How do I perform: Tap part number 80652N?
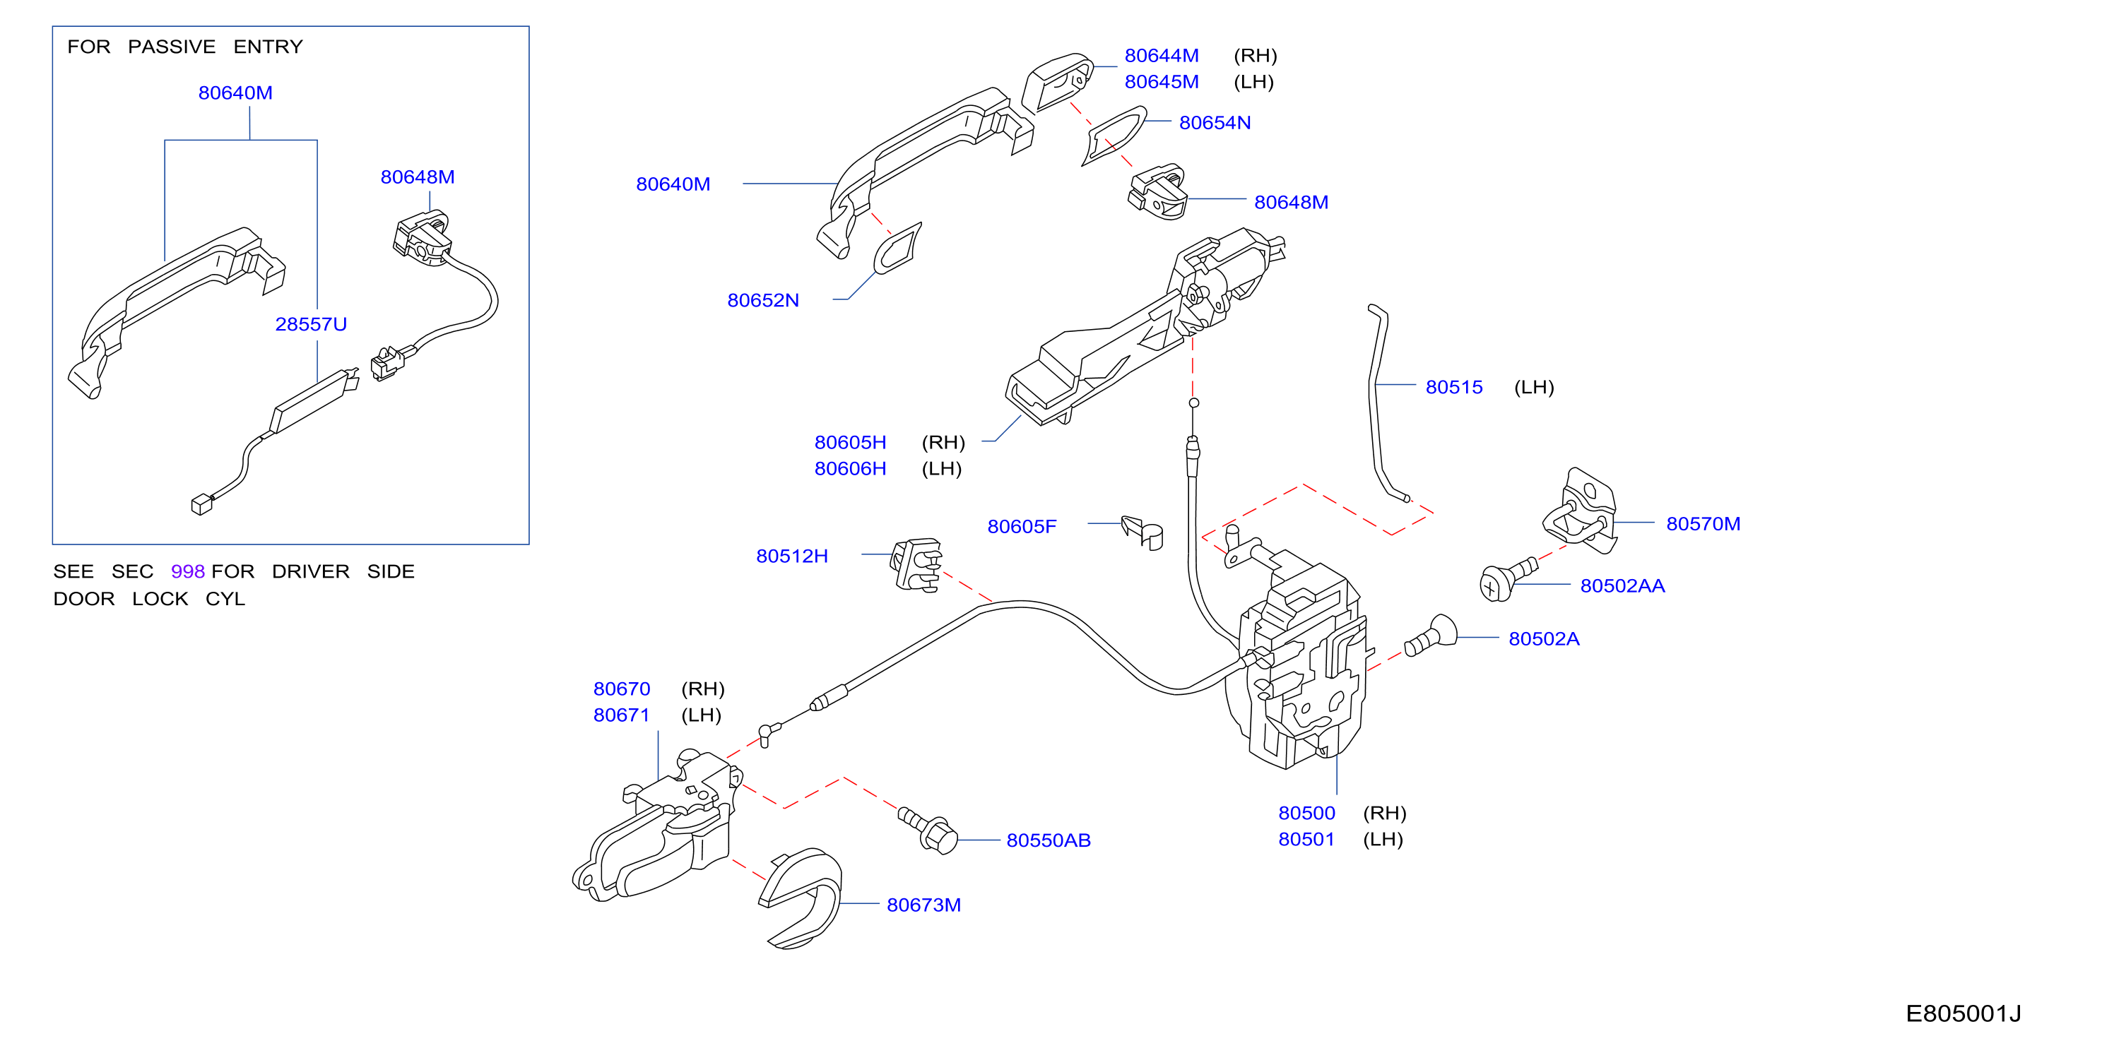pyautogui.click(x=763, y=300)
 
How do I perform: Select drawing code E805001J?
pyautogui.click(x=1964, y=1013)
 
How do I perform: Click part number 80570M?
pyautogui.click(x=1703, y=523)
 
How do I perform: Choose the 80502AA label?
pyautogui.click(x=1622, y=585)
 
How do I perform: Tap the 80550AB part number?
pyautogui.click(x=1049, y=840)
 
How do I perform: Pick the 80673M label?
pyautogui.click(x=923, y=905)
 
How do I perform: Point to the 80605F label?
pyautogui.click(x=1022, y=526)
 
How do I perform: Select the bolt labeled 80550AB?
pyautogui.click(x=928, y=829)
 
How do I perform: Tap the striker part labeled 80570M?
pyautogui.click(x=1580, y=511)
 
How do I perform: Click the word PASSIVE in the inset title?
pyautogui.click(x=172, y=47)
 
